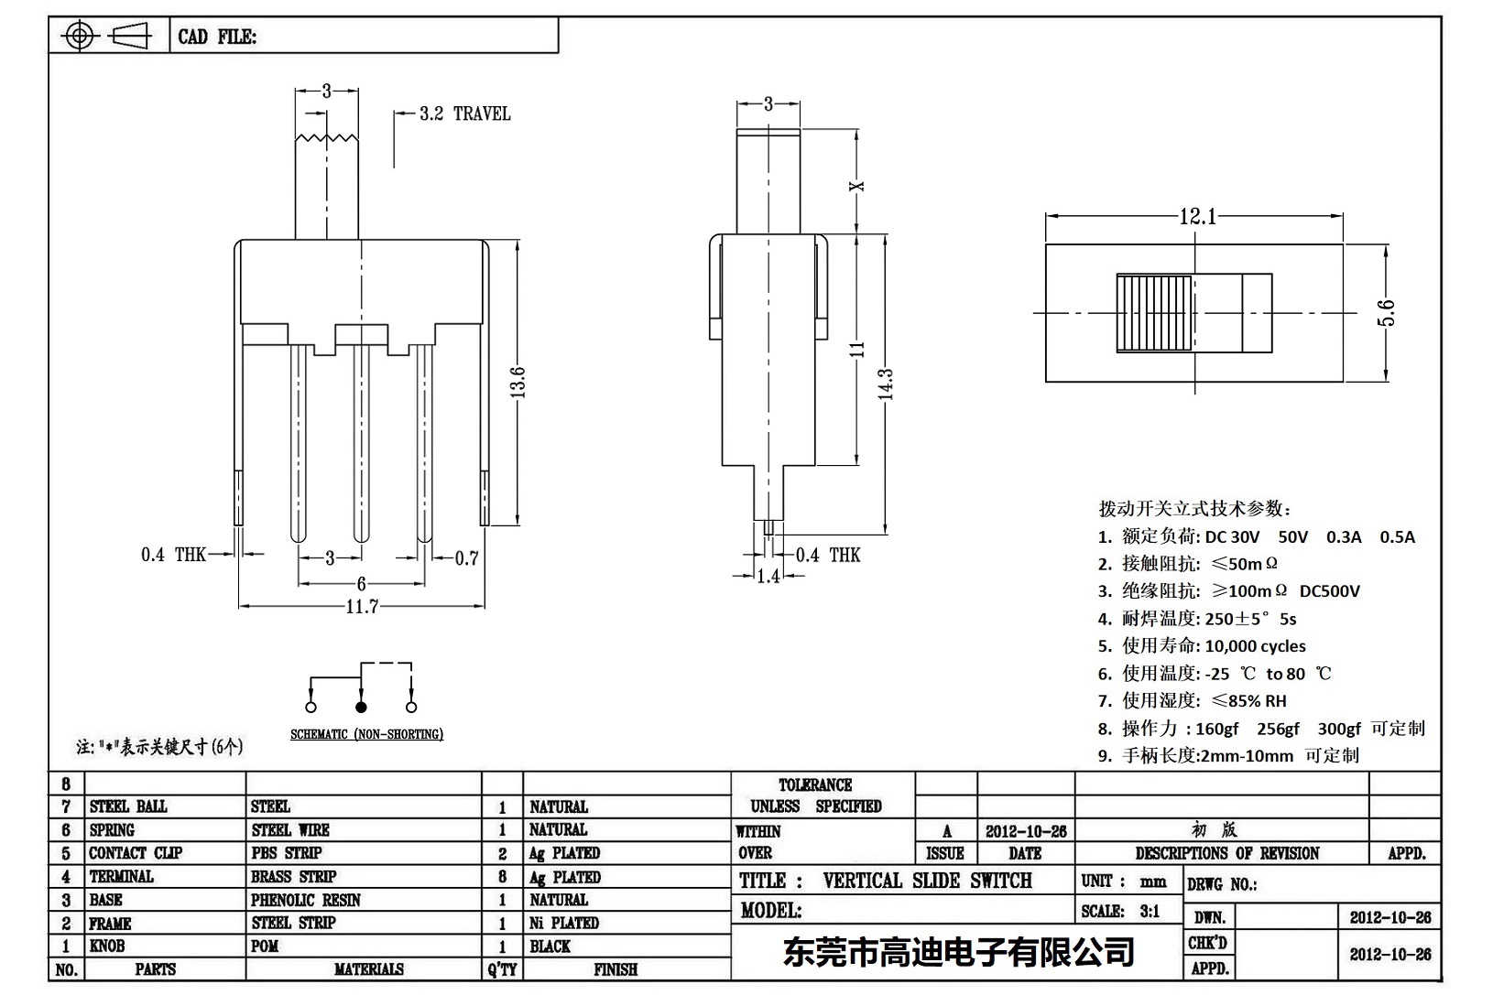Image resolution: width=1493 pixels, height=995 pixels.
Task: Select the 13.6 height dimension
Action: pos(518,382)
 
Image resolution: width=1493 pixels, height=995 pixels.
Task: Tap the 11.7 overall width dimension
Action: pos(362,606)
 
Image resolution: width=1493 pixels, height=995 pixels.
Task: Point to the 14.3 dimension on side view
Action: pos(885,384)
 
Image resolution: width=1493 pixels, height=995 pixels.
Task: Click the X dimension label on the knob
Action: pos(857,186)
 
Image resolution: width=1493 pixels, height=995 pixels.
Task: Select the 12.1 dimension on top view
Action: pos(1197,216)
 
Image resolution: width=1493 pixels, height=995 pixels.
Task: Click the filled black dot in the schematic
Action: pos(361,707)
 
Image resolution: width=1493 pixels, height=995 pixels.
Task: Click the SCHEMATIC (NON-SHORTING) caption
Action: pos(366,734)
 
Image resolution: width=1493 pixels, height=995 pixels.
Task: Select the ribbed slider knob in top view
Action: pos(1154,313)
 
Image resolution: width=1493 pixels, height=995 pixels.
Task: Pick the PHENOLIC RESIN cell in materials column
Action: pos(306,900)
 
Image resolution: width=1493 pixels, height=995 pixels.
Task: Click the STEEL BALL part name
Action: pos(128,806)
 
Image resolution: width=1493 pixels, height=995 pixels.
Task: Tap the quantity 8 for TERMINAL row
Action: pos(502,876)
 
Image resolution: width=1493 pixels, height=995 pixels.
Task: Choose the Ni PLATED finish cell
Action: pos(564,923)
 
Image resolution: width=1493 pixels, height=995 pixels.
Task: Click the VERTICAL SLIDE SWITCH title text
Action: pos(927,881)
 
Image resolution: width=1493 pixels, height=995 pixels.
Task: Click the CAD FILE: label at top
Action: pos(217,37)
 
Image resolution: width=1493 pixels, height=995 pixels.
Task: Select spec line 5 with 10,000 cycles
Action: pos(1202,645)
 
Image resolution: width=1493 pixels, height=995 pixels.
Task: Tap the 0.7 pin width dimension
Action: pos(467,557)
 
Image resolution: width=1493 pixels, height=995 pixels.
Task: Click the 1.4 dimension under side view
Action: pos(768,576)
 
